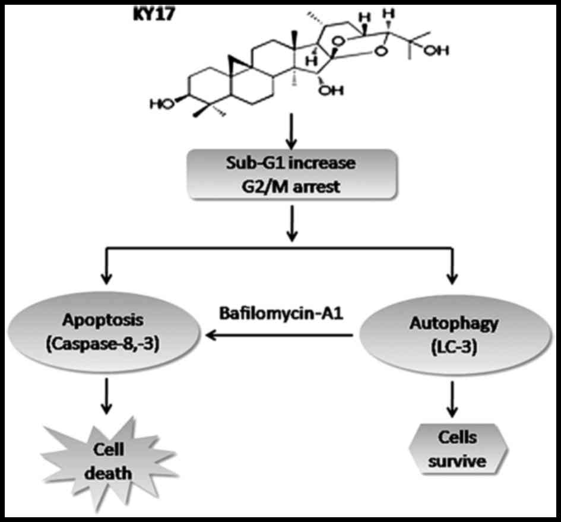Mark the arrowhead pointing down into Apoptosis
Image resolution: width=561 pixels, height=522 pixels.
coord(107,277)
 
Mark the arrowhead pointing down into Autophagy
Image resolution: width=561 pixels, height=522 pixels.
coord(452,277)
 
